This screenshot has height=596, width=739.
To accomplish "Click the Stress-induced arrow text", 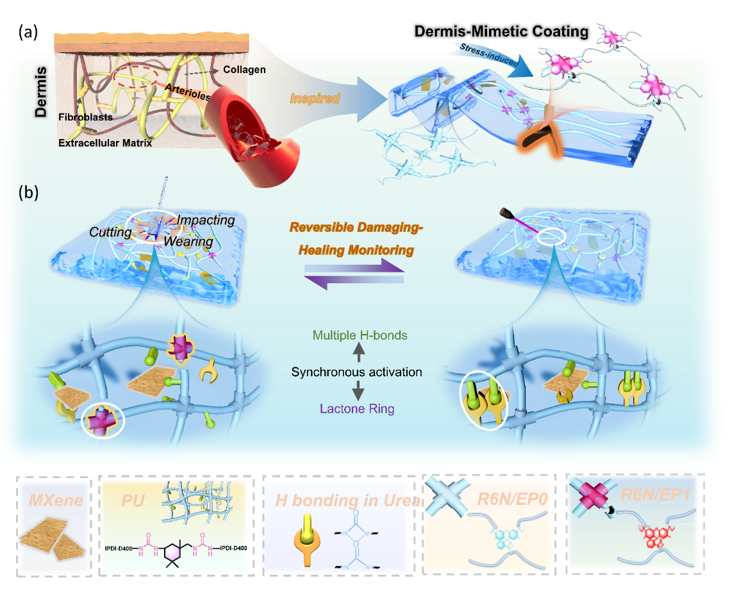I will point(481,53).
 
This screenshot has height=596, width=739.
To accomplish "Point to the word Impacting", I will point(206,220).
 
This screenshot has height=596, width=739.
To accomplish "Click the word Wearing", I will point(187,241).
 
